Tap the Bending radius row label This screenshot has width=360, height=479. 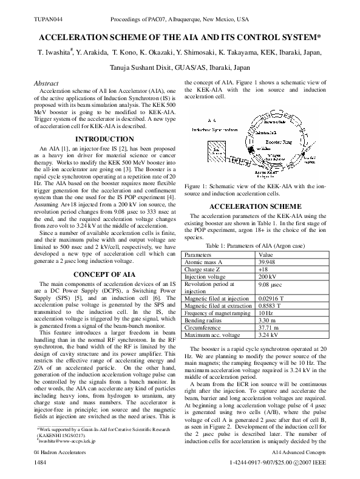[x=203, y=319]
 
